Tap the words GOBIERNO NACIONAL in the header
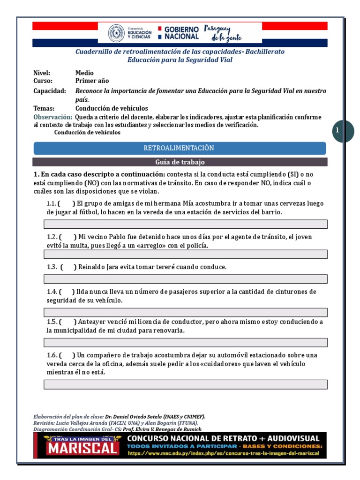click(x=181, y=32)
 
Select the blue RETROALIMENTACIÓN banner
click(x=180, y=148)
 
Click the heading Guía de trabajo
click(x=180, y=162)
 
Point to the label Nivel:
click(x=42, y=73)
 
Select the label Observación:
click(x=53, y=117)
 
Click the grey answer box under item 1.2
click(x=185, y=255)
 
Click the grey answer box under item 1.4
click(x=185, y=312)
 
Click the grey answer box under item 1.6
click(x=185, y=384)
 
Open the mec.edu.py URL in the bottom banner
click(x=223, y=453)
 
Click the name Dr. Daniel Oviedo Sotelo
click(x=138, y=416)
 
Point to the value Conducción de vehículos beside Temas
click(x=112, y=108)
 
